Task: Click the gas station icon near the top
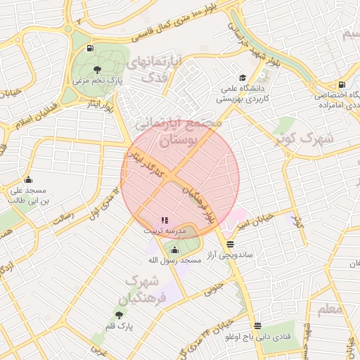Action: (90, 48)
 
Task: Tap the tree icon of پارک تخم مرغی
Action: (96, 69)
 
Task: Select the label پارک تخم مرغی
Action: (98, 81)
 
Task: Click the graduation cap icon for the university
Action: (243, 77)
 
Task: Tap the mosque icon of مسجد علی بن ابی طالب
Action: (28, 179)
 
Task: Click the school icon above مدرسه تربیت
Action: (165, 220)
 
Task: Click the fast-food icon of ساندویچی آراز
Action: (230, 244)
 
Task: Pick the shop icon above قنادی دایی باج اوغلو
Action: (257, 326)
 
